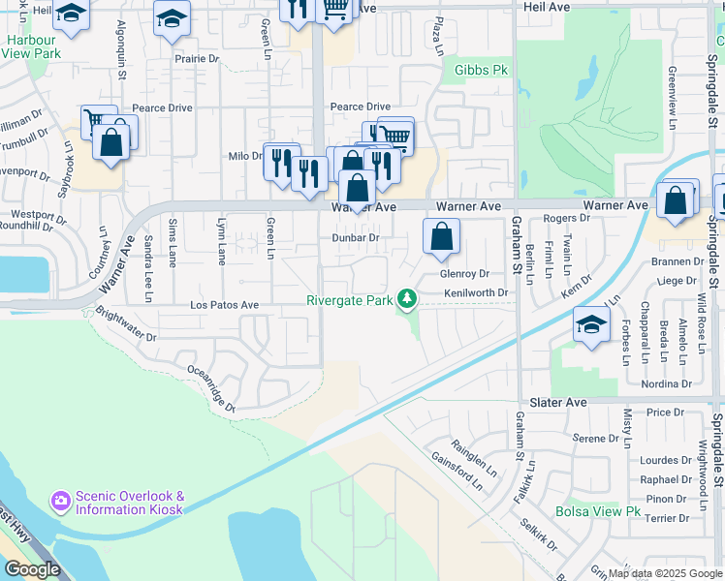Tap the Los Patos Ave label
[x=224, y=304]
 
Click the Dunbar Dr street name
[x=354, y=237]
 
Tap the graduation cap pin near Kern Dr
[x=590, y=325]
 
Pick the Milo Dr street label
[x=244, y=156]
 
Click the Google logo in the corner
[x=32, y=569]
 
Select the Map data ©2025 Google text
[x=664, y=573]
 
